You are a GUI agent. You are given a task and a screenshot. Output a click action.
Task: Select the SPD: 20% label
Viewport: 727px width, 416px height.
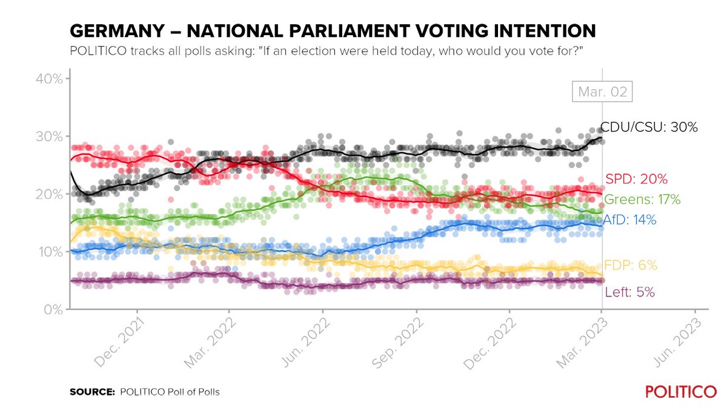click(x=636, y=179)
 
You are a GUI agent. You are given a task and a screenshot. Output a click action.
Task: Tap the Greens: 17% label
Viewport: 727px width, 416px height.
click(x=642, y=199)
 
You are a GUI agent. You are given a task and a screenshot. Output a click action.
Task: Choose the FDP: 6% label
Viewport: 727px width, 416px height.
click(x=631, y=265)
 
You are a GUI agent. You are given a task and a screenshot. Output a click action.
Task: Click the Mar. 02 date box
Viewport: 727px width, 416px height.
click(x=600, y=93)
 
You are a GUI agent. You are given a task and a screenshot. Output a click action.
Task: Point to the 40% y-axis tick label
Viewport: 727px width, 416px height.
click(x=47, y=79)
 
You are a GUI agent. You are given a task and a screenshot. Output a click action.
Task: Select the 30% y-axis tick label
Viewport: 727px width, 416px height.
click(x=47, y=136)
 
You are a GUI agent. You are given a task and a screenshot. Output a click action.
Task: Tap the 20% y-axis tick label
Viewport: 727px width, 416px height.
click(x=47, y=194)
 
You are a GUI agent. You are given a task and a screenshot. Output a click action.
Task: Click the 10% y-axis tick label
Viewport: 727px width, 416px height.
click(x=47, y=252)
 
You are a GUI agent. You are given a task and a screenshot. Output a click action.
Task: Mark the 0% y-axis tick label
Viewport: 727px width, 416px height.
click(x=50, y=309)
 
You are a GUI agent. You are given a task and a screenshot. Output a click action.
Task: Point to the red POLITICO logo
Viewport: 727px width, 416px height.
click(x=680, y=392)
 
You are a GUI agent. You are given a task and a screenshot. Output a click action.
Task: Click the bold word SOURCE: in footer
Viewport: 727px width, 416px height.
click(x=92, y=392)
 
